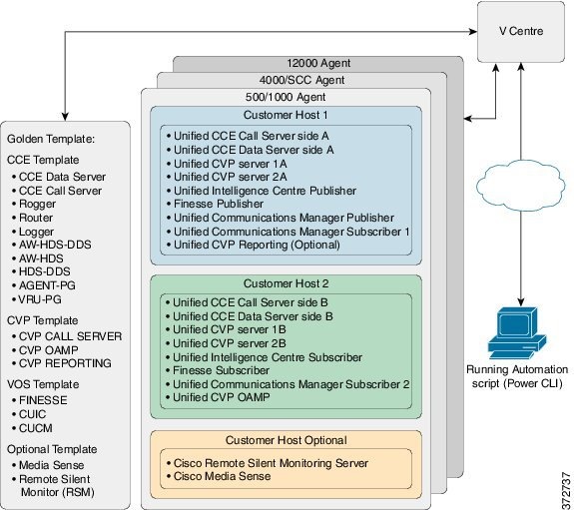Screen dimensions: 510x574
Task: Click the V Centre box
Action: click(x=521, y=31)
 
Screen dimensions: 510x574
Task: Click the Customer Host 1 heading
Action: click(x=287, y=116)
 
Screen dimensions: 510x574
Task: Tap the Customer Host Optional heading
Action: click(x=287, y=439)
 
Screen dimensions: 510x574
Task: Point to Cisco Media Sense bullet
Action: click(x=226, y=476)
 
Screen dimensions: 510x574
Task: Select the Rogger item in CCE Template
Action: click(x=40, y=204)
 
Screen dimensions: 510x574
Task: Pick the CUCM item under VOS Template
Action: click(x=39, y=427)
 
